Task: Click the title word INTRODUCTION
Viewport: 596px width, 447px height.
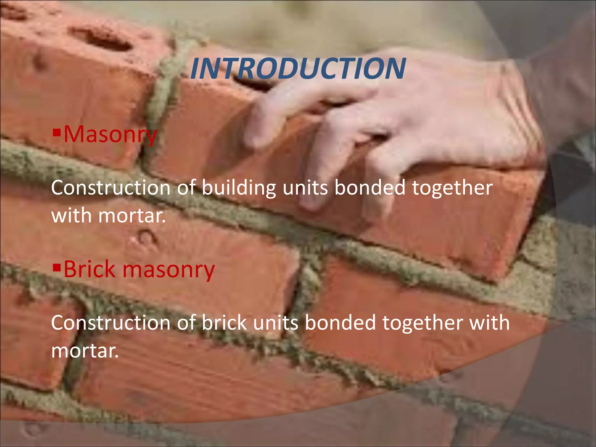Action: [298, 69]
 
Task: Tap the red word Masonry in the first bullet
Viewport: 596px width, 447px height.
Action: [110, 134]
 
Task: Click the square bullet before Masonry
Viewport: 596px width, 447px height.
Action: [56, 133]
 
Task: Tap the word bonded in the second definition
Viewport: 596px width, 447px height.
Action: [340, 323]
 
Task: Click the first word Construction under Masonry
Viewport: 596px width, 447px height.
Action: [111, 188]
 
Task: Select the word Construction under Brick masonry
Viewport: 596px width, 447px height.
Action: [111, 323]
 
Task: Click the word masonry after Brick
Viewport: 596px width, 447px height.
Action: [168, 269]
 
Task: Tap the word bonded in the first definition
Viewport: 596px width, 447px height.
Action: [370, 188]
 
